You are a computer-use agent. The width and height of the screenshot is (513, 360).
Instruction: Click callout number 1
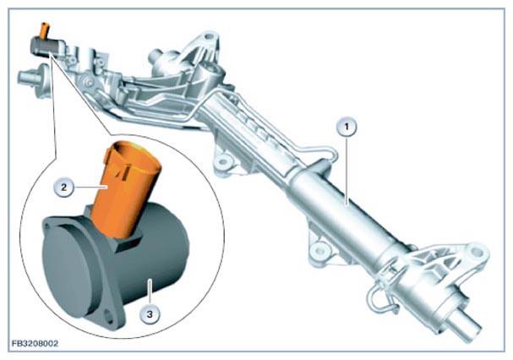pos(347,127)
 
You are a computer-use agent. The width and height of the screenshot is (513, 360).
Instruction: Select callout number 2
pos(63,188)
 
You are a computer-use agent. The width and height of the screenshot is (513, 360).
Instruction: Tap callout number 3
pos(150,314)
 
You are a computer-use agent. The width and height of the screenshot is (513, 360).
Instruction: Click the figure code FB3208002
pos(35,343)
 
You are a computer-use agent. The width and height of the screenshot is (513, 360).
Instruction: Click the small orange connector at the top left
pos(44,30)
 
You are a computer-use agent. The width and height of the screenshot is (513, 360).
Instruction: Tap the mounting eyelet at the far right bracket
pos(476,251)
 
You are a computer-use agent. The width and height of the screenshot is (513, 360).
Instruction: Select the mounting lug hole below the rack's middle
pos(223,161)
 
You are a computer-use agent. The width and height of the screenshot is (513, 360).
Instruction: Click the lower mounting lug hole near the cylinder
pos(319,251)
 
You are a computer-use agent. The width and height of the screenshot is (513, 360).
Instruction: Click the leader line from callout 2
pos(90,188)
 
